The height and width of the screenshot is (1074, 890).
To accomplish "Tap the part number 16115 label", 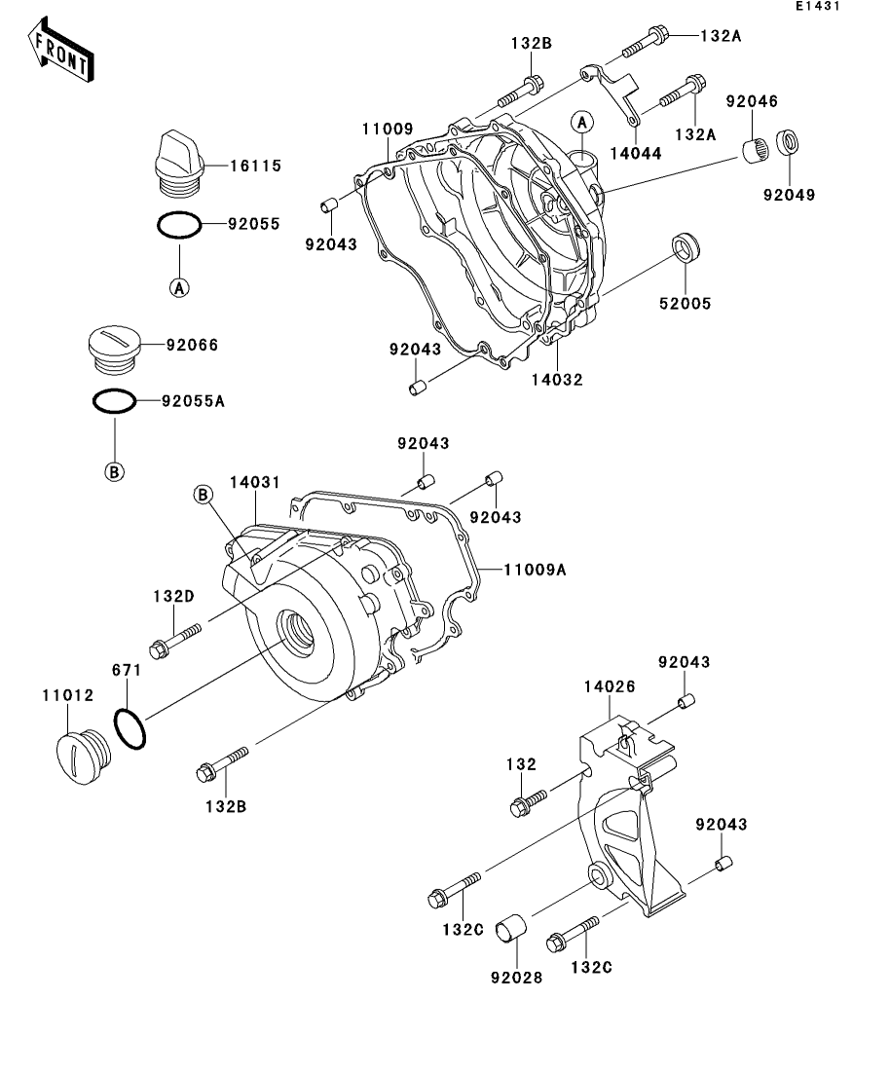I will point(255,167).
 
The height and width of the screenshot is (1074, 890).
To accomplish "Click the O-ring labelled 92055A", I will point(114,401).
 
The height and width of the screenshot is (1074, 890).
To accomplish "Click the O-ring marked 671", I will point(131,728).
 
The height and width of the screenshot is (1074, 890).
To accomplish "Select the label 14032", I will point(557,380).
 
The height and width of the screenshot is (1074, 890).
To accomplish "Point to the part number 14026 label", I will point(610,686).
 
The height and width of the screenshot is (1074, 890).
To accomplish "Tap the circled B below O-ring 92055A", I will point(114,471).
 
